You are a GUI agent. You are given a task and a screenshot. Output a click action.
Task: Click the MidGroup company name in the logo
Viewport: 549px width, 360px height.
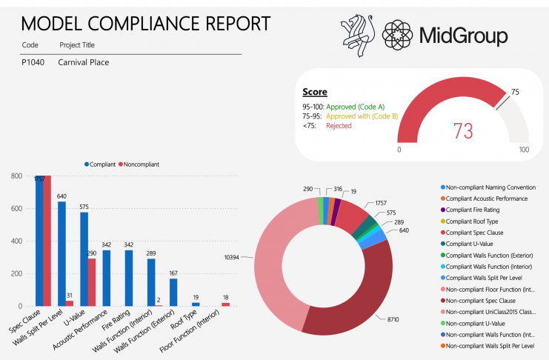[463, 35]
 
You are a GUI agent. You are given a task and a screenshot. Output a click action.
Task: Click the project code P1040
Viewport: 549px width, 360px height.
[33, 62]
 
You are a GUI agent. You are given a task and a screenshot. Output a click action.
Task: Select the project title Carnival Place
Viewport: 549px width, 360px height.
[84, 62]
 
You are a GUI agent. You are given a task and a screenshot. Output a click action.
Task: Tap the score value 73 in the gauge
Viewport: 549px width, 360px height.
[463, 131]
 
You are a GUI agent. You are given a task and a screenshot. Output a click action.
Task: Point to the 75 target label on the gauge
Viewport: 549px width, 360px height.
[515, 92]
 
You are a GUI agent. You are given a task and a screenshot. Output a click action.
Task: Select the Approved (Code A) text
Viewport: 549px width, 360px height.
[356, 107]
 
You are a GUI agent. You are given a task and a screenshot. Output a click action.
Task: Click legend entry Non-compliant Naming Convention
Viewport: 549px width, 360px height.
[492, 187]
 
